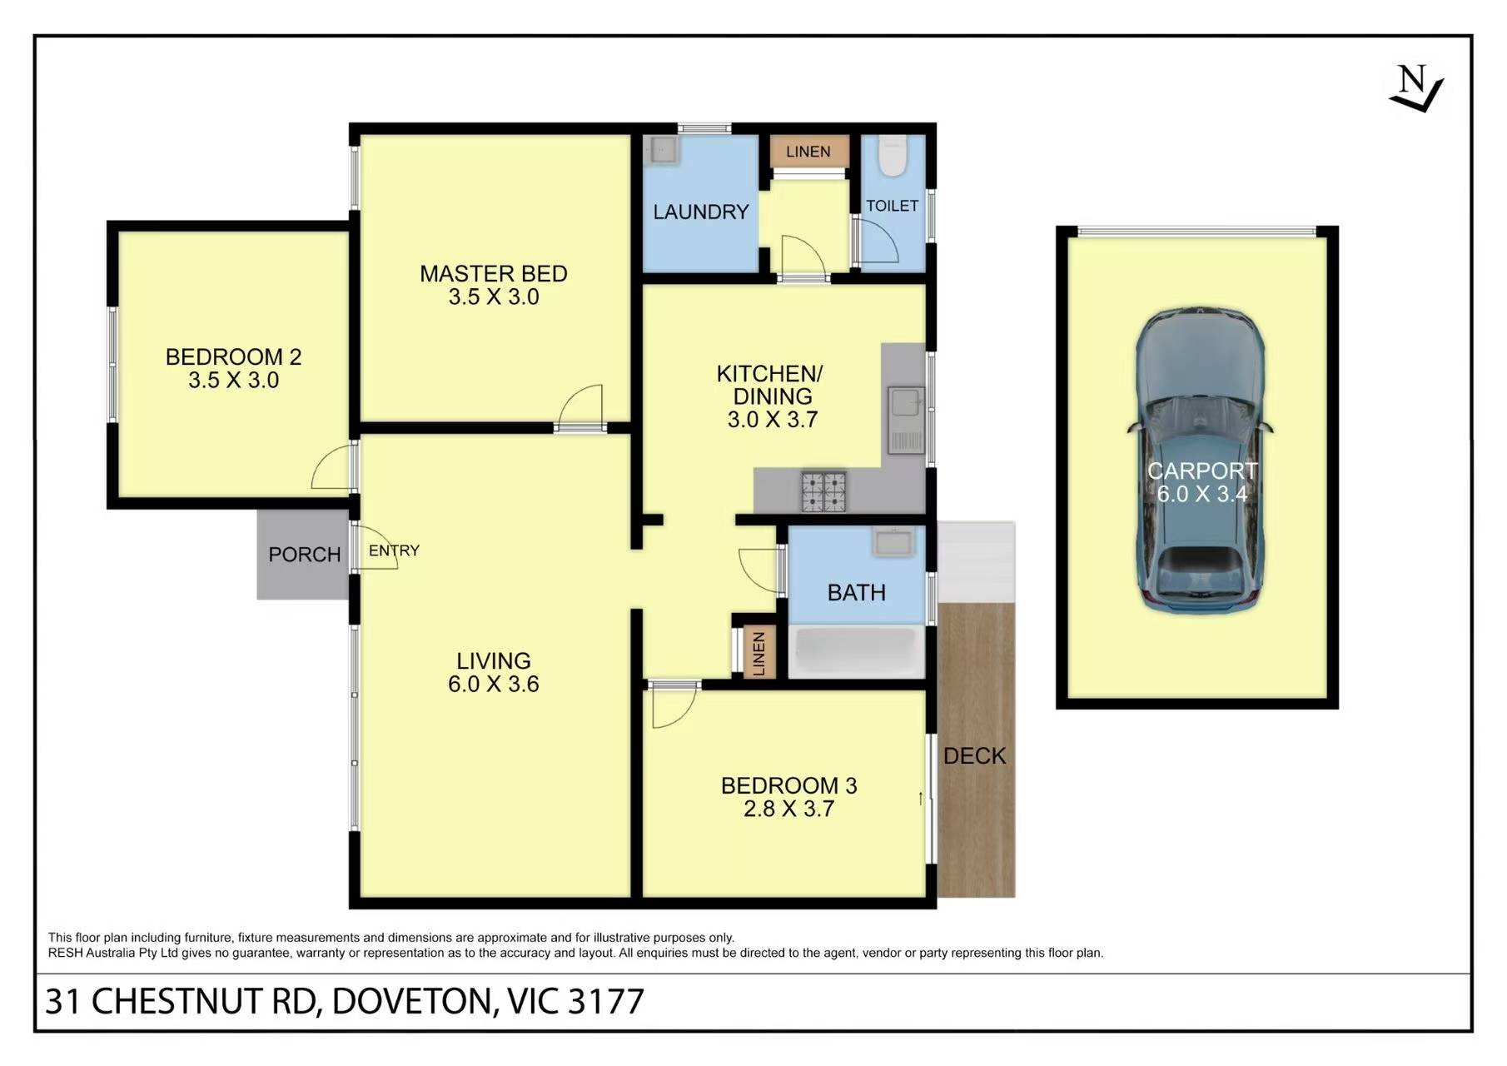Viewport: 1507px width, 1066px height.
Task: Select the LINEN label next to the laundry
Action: coord(808,152)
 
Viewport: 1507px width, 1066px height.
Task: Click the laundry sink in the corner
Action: coord(664,150)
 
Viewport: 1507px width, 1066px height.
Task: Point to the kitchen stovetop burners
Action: coord(823,491)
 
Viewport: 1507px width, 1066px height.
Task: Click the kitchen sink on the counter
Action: coord(906,420)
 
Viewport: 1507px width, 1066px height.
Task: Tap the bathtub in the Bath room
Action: coord(856,651)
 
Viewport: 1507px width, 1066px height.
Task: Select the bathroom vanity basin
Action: coord(893,542)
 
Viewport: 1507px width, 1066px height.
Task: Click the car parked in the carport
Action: coord(1200,461)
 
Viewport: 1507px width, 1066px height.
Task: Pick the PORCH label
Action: coord(304,555)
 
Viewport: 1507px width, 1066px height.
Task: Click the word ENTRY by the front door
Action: coord(394,550)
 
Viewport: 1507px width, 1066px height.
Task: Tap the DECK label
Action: coord(974,756)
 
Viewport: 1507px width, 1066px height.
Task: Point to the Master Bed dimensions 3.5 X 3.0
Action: coord(494,297)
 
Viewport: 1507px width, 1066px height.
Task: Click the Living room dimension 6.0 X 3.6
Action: coord(494,685)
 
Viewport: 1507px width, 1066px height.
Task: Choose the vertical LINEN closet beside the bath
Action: coord(758,653)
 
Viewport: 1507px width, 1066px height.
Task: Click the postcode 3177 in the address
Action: coord(605,1002)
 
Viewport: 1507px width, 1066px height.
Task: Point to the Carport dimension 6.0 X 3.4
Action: coord(1201,495)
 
